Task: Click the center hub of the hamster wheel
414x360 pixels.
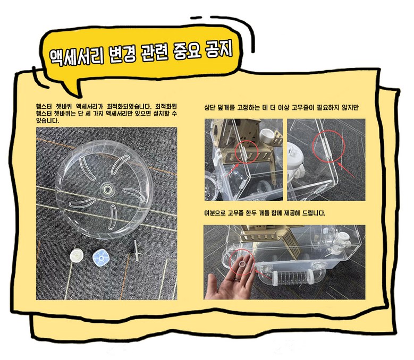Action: tap(107, 189)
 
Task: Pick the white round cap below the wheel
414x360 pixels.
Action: tap(77, 255)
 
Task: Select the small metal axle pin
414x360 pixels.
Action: tap(136, 250)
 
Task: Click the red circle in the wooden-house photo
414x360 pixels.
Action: tap(246, 152)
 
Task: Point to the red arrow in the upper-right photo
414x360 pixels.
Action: tap(346, 170)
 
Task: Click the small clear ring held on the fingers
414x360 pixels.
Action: tap(242, 264)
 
